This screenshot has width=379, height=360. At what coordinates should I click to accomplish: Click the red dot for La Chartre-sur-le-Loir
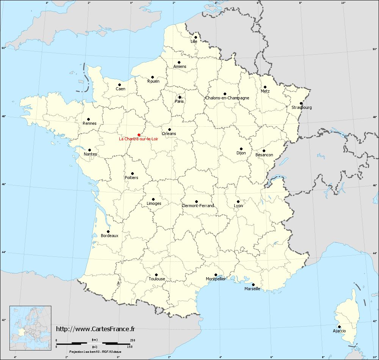point(139,135)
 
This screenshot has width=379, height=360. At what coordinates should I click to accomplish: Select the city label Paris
point(179,101)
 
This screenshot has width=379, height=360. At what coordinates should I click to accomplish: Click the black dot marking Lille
point(196,37)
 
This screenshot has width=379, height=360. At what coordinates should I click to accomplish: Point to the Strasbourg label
point(302,107)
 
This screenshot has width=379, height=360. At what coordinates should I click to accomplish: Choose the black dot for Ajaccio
point(339,327)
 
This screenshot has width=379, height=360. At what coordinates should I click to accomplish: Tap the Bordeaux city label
point(110,236)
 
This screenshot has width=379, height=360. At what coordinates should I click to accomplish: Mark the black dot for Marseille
point(253,285)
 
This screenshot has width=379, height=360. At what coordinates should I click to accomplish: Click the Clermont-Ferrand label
point(198,206)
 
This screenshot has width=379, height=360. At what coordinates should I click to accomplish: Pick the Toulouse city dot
point(156,275)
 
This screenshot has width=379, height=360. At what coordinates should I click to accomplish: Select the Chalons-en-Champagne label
point(227,98)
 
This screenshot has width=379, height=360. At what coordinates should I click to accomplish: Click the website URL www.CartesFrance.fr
point(96,329)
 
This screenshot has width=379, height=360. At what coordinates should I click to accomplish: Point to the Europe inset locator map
point(30,325)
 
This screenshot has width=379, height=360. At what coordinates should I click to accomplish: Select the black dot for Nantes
point(90,150)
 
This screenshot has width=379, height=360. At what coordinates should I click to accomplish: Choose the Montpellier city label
point(216,279)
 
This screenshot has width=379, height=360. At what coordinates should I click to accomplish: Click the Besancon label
point(264,155)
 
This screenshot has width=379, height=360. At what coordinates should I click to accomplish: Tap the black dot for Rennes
point(88,119)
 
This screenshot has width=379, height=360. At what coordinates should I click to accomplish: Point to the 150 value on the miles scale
point(130,347)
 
